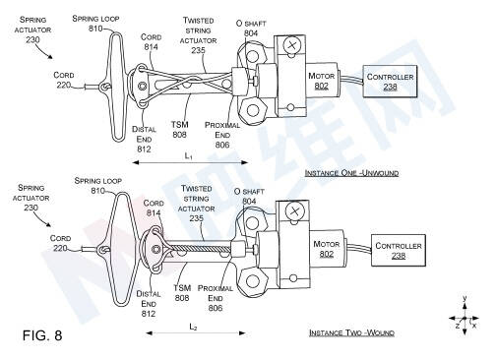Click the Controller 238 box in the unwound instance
pyautogui.click(x=390, y=82)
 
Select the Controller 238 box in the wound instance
pyautogui.click(x=399, y=251)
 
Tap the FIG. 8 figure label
pyautogui.click(x=42, y=335)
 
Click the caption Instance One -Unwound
pyautogui.click(x=351, y=173)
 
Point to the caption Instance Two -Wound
pyautogui.click(x=351, y=332)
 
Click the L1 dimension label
pyautogui.click(x=189, y=156)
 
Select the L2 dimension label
pyautogui.click(x=194, y=327)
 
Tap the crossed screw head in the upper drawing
pyautogui.click(x=291, y=45)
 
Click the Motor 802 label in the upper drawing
pyautogui.click(x=321, y=81)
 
